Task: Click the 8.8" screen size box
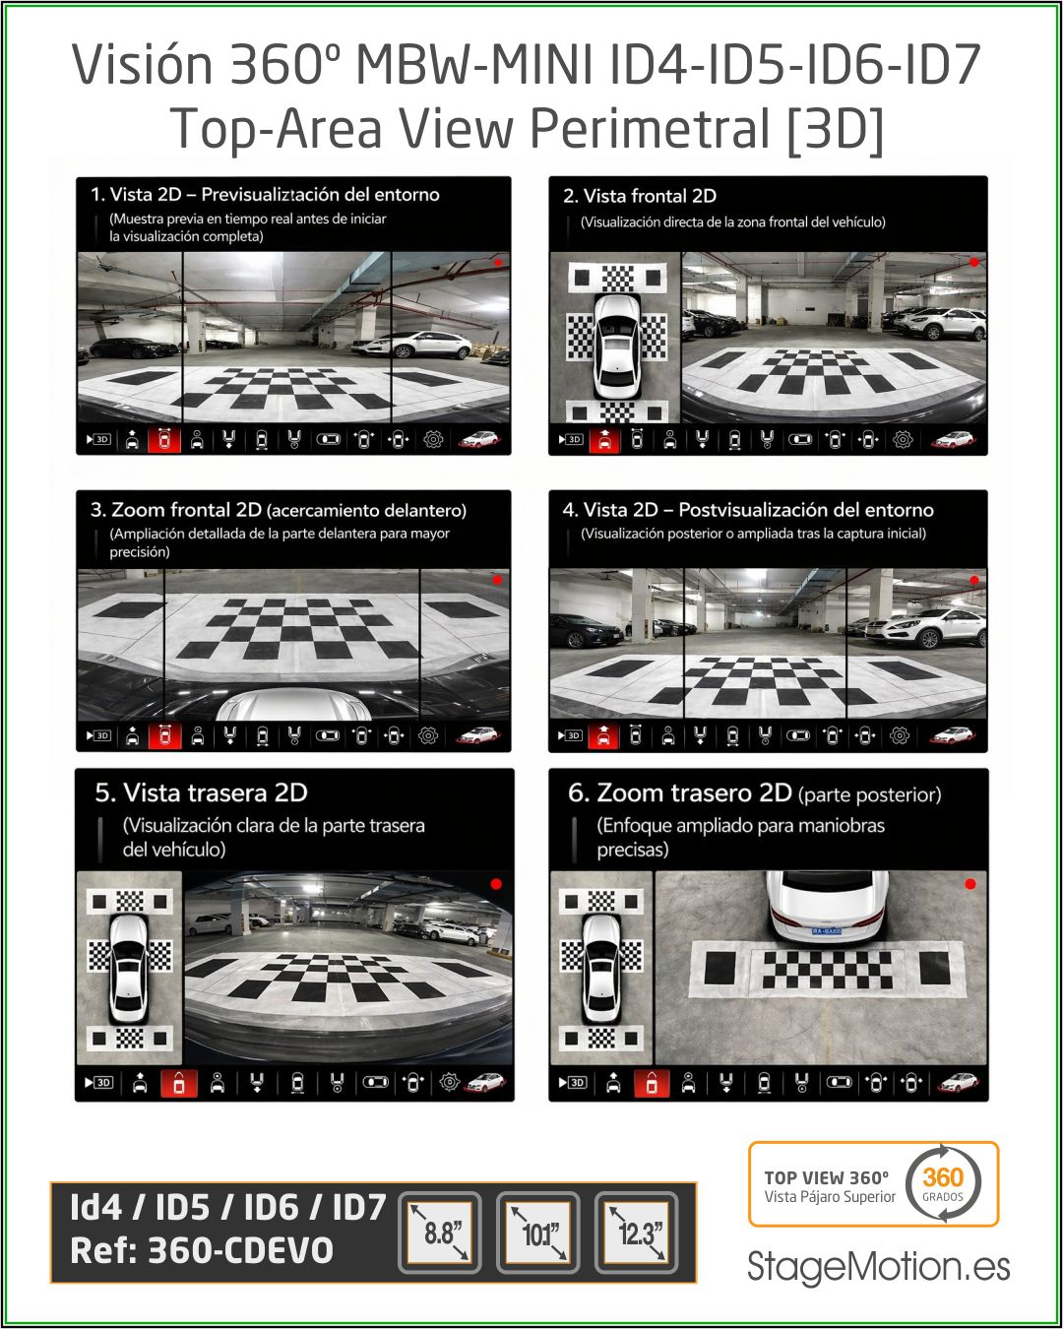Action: [x=440, y=1233]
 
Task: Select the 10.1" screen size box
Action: [x=538, y=1233]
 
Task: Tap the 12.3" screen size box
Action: [x=636, y=1233]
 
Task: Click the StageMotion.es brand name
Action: [x=878, y=1266]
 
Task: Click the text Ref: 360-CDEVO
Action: [x=202, y=1250]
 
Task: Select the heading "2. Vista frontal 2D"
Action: [x=640, y=196]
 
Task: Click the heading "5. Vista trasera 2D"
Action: [x=202, y=792]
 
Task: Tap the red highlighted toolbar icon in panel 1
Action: [x=164, y=440]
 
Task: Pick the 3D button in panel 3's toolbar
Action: [x=98, y=735]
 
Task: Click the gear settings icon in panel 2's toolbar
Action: [x=903, y=440]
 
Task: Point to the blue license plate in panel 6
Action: [x=826, y=930]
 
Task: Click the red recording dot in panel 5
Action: [x=496, y=884]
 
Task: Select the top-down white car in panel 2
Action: [x=616, y=347]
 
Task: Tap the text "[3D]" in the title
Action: [x=835, y=128]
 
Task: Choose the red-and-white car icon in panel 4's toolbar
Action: [x=952, y=735]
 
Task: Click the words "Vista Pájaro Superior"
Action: [x=830, y=1197]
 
